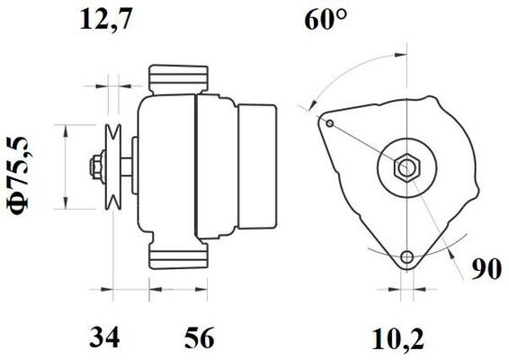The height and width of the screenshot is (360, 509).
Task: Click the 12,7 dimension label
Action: pyautogui.click(x=106, y=20)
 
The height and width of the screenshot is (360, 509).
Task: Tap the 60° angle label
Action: pyautogui.click(x=325, y=19)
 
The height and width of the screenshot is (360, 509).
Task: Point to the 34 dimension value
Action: pyautogui.click(x=104, y=337)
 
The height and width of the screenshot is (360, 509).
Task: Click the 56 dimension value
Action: pyautogui.click(x=200, y=337)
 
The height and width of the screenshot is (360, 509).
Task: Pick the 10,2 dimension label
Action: pyautogui.click(x=398, y=339)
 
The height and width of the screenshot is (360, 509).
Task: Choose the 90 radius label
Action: pyautogui.click(x=487, y=269)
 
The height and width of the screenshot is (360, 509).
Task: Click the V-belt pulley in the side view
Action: pyautogui.click(x=113, y=166)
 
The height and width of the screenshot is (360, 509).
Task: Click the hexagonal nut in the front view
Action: pyautogui.click(x=406, y=167)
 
